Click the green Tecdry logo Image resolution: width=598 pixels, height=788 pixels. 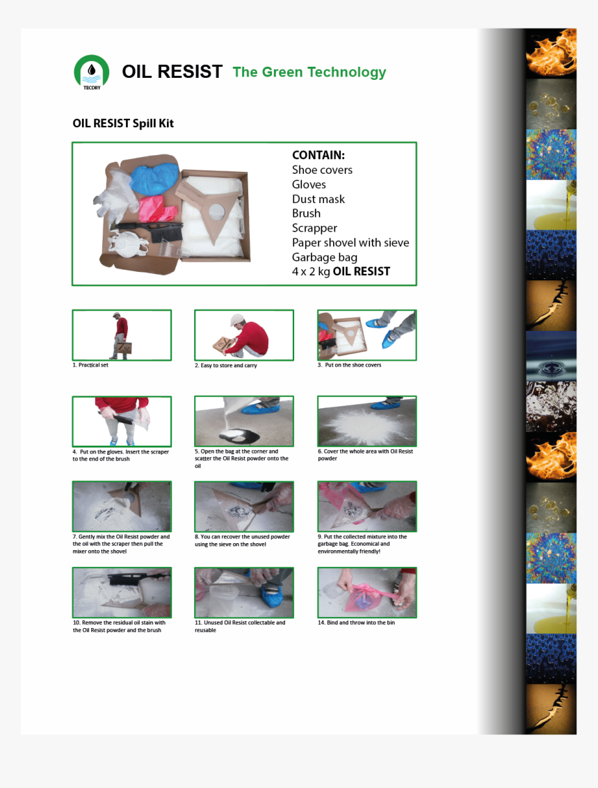(x=92, y=72)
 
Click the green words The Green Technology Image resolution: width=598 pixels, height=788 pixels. (x=309, y=72)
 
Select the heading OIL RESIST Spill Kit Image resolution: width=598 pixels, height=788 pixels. (x=123, y=123)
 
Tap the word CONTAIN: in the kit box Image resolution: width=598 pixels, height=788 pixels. (x=318, y=155)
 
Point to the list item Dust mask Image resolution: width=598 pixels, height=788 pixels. (x=318, y=199)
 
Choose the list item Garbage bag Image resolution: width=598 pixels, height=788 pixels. (x=325, y=257)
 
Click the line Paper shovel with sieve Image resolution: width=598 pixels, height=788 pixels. (x=350, y=243)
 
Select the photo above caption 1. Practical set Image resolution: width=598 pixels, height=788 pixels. (x=122, y=335)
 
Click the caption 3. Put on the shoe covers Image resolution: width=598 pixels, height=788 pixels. (x=349, y=365)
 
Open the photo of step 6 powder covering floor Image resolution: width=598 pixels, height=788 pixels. (x=367, y=421)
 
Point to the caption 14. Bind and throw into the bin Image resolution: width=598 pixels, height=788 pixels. (x=356, y=622)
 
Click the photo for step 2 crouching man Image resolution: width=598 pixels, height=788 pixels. (x=244, y=335)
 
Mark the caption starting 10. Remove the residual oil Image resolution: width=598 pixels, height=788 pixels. (x=119, y=626)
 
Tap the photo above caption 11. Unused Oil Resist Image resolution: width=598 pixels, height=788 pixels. (x=244, y=593)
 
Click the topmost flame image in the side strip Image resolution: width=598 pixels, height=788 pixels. (x=551, y=54)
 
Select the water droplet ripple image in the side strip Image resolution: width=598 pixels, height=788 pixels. (x=551, y=356)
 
